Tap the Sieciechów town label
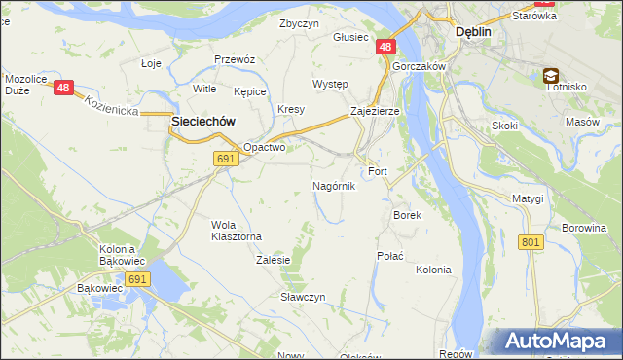point(205,122)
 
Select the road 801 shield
point(531,241)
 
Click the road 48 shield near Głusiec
point(386,47)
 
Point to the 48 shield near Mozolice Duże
point(64,88)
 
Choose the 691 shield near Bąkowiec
point(137,279)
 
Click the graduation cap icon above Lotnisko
point(551,75)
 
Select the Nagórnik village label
point(334,185)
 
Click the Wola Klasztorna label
point(237,230)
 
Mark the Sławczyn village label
point(302,296)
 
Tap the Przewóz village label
point(235,59)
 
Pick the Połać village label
point(389,255)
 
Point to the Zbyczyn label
point(299,23)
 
